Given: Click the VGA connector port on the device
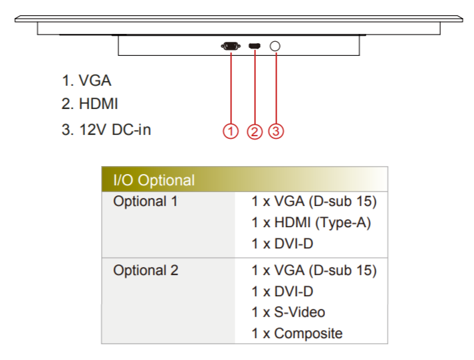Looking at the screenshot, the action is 231,46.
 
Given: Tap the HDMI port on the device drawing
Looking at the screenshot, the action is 255,46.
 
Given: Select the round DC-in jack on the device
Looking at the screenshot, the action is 275,46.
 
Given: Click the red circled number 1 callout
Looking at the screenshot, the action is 231,132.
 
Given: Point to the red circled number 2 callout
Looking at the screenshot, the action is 255,132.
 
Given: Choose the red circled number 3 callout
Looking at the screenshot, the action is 276,132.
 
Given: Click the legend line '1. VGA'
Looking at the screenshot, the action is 86,80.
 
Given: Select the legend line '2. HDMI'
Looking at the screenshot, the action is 90,104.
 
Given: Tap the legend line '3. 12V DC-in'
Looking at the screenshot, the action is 106,130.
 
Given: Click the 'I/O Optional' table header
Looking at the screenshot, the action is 154,180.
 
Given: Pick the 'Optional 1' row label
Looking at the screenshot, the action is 146,201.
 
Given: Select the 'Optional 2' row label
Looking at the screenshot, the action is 146,270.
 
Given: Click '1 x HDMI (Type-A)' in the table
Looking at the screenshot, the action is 311,223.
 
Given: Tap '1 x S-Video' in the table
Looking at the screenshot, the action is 289,312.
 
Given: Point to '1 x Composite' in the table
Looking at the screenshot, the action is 297,333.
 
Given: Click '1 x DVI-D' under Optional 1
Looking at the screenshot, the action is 283,244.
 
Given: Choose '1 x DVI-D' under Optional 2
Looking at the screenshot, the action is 283,292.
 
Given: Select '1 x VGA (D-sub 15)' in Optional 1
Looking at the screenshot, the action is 314,201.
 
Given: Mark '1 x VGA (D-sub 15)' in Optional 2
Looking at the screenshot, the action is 314,270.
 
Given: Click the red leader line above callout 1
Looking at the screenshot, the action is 231,88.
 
